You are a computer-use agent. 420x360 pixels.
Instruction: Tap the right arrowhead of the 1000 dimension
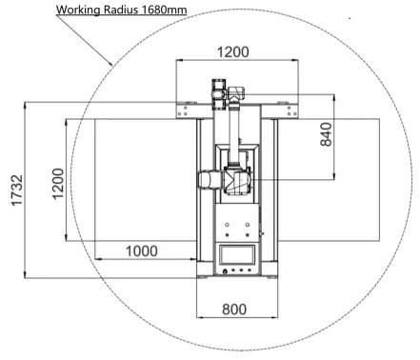[194, 258]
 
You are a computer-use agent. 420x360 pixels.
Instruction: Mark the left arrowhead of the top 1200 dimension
[178, 62]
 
